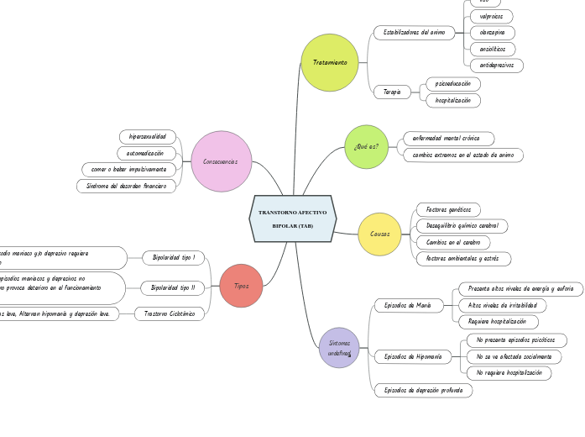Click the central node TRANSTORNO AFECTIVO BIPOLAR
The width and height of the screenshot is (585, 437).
pyautogui.click(x=293, y=218)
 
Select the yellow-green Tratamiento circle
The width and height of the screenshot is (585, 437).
pyautogui.click(x=330, y=63)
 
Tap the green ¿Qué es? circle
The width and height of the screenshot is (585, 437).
pyautogui.click(x=366, y=147)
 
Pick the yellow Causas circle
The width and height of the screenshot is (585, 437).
pyautogui.click(x=379, y=234)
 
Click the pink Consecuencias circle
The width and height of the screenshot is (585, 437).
pyautogui.click(x=221, y=161)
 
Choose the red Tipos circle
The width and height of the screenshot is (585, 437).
pyautogui.click(x=241, y=286)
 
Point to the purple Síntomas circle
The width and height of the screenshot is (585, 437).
pyautogui.click(x=339, y=348)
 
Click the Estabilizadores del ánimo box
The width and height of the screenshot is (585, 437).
pyautogui.click(x=414, y=33)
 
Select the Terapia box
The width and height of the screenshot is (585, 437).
pyautogui.click(x=392, y=92)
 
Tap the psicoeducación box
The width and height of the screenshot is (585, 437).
pyautogui.click(x=453, y=84)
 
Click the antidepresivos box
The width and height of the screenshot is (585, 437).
pyautogui.click(x=496, y=66)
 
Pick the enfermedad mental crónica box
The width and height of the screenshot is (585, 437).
pyautogui.click(x=448, y=138)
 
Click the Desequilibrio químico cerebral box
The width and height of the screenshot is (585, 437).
pyautogui.click(x=462, y=226)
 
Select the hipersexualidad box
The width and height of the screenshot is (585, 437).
pyautogui.click(x=147, y=136)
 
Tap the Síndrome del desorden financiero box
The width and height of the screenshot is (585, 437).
pyautogui.click(x=126, y=186)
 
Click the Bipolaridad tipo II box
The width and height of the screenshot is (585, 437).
pyautogui.click(x=173, y=288)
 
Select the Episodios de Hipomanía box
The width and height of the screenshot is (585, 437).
pyautogui.click(x=412, y=357)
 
